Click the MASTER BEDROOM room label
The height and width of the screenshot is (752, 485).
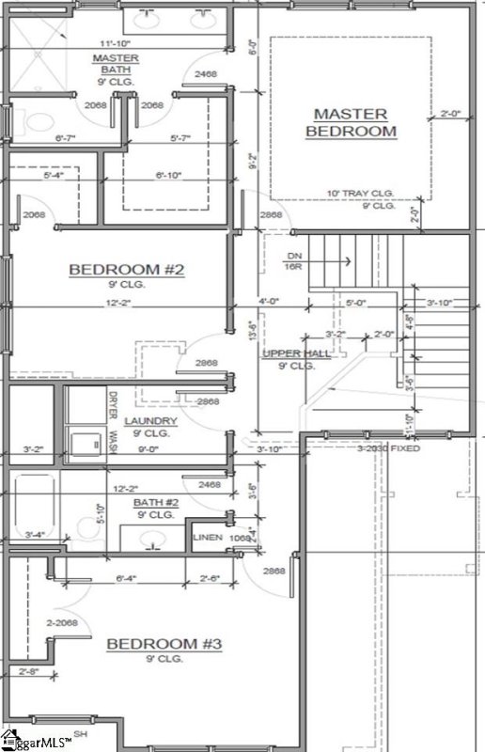(x=351, y=122)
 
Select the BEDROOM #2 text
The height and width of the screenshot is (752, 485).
(x=127, y=271)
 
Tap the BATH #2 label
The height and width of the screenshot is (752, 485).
(x=155, y=508)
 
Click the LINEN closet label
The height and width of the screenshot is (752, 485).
(x=206, y=537)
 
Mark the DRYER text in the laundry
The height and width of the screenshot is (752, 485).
(x=112, y=404)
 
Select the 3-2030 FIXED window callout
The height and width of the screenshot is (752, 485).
(x=387, y=449)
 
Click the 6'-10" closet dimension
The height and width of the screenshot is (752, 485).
(x=172, y=174)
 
